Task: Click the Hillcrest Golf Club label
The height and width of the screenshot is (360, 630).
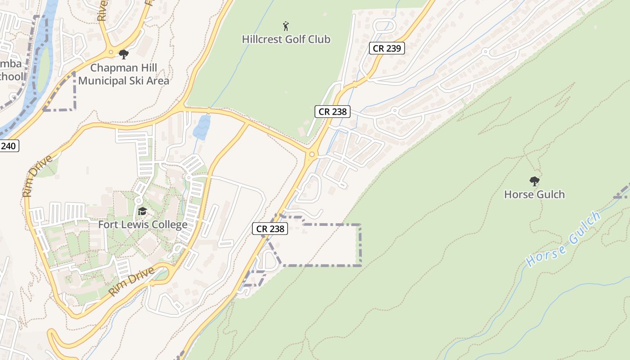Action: pos(286,39)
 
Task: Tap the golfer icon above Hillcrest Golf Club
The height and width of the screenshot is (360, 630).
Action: pos(285,26)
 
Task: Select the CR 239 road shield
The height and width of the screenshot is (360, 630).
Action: pos(387,48)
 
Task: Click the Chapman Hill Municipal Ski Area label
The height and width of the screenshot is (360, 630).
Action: pos(124,74)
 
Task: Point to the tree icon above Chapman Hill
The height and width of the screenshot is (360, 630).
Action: pos(124,54)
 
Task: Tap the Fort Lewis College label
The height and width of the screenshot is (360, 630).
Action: pos(143,224)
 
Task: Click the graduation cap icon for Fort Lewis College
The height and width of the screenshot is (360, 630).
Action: pos(142,211)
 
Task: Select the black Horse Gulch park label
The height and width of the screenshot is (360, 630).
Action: pos(534,194)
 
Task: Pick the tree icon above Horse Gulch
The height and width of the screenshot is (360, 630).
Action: pos(534,181)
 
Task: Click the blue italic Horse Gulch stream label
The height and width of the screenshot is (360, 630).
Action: pos(563,239)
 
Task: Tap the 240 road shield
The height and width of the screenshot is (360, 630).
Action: pos(9,145)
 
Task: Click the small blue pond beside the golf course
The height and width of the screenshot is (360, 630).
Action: pos(201,127)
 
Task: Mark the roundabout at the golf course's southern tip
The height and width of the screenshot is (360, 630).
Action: pos(311,155)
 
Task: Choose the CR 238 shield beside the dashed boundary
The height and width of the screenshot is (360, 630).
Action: pos(270,229)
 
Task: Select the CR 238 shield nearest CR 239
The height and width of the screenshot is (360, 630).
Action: pos(332,112)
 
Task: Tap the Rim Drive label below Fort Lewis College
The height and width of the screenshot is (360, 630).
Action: pos(131,282)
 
